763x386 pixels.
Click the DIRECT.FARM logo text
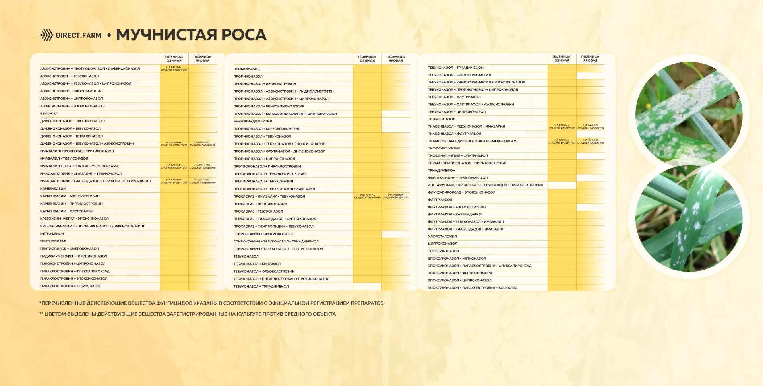78,35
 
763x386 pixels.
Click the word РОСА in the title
244,35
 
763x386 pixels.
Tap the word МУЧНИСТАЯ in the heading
166,35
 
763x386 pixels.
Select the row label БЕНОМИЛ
49,114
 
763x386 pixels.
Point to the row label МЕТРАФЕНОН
52,234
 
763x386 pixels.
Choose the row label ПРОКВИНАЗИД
246,69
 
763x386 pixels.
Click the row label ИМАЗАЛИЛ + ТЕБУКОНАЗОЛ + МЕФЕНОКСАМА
79,166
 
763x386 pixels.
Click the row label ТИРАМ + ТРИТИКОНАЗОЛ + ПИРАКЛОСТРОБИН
467,163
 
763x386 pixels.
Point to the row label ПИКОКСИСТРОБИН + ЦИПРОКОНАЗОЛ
73,264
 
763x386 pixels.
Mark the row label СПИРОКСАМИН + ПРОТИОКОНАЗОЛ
264,234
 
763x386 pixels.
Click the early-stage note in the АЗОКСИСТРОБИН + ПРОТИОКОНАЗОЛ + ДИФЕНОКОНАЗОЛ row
174,68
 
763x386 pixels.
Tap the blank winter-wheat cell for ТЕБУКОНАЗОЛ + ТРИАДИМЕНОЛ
367,286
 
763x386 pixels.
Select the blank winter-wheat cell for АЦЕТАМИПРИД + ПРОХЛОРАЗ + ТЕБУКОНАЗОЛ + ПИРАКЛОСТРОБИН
562,185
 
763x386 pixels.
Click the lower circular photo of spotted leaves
689,219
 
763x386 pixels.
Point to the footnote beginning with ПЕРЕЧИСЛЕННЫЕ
211,303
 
